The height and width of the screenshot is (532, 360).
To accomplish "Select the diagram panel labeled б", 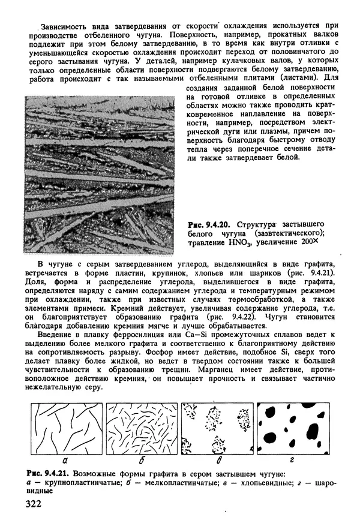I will (x=142, y=429).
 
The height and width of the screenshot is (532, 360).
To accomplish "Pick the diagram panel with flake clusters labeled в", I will (x=217, y=429).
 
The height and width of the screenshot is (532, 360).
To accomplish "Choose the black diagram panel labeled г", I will (x=292, y=429).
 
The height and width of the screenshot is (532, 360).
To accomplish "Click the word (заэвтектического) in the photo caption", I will (x=288, y=234).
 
